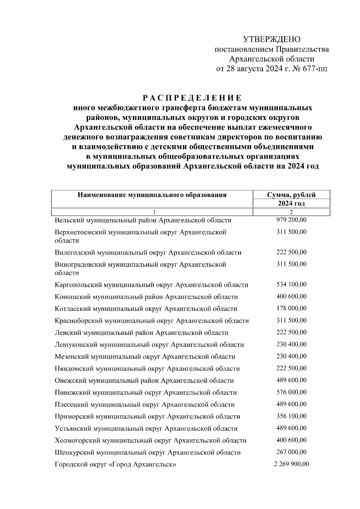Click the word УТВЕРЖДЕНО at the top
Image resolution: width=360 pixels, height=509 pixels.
(x=271, y=39)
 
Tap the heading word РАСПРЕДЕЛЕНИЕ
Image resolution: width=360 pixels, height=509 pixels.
(x=192, y=98)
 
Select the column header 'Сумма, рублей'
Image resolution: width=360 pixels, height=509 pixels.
(x=291, y=195)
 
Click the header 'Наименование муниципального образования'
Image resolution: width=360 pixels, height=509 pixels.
(x=152, y=195)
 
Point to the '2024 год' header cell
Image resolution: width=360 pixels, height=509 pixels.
(x=291, y=204)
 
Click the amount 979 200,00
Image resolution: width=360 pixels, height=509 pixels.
(x=291, y=220)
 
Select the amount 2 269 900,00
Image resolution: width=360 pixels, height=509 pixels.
(x=291, y=464)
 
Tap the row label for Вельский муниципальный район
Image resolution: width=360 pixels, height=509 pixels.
(x=143, y=220)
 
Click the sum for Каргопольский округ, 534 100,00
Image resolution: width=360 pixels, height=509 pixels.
(x=291, y=284)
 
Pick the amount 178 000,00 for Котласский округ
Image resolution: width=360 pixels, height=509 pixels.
(x=291, y=308)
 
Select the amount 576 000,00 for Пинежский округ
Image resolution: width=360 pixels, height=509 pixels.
(x=291, y=392)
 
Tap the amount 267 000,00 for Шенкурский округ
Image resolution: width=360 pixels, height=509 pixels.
(x=291, y=452)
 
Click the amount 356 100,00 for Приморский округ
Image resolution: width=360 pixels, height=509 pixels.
(x=291, y=416)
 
